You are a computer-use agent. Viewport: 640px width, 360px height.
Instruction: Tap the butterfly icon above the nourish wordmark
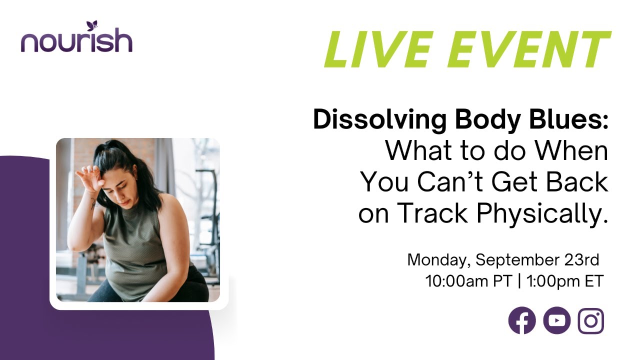tap(91, 25)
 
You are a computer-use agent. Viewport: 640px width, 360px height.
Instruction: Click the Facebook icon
tap(522, 320)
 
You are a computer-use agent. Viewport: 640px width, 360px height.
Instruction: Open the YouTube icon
tap(556, 320)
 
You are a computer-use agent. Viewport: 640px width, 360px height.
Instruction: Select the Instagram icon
tap(591, 320)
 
